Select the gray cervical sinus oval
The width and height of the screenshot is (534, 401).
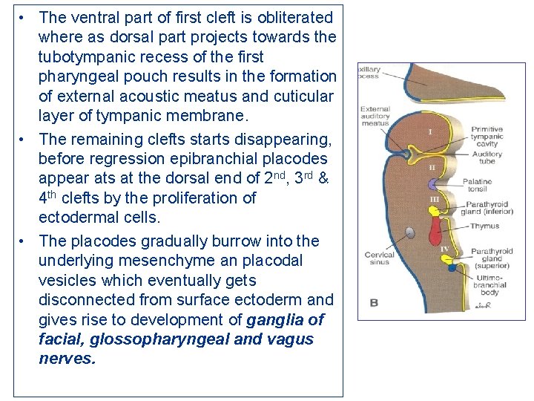[x=409, y=234]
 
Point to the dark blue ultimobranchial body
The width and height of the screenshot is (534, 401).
[x=452, y=267]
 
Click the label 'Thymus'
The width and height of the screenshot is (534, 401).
[x=485, y=226]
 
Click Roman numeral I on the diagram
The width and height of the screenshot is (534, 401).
[x=431, y=132]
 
